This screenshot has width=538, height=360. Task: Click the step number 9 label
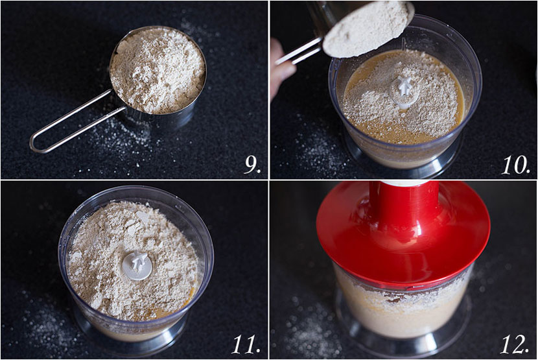click(x=251, y=164)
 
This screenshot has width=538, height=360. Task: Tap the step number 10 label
click(x=516, y=164)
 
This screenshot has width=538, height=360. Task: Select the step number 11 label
click(x=246, y=344)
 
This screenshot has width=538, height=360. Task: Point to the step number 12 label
click(x=516, y=344)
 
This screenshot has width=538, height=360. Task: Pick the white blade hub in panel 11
click(x=137, y=265)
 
